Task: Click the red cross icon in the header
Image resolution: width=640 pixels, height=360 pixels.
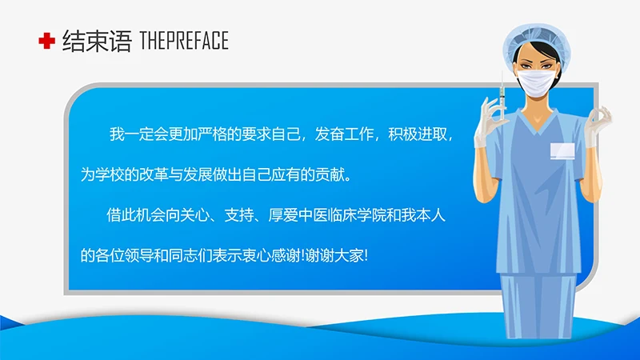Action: (46, 41)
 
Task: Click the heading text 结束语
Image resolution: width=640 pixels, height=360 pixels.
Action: (96, 41)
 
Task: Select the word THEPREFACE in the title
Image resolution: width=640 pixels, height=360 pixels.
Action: (183, 41)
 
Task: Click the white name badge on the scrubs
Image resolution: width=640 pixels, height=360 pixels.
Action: (561, 150)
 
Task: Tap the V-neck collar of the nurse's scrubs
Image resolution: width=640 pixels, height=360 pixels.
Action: (538, 125)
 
